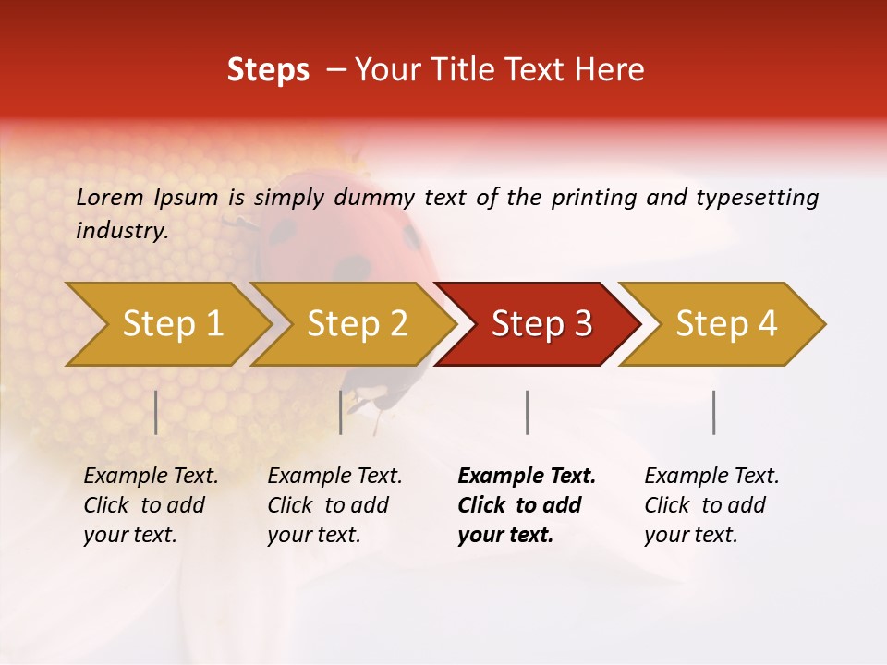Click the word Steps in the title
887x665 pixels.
(268, 70)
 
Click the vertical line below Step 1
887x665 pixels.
(156, 412)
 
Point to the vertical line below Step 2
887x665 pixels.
(341, 412)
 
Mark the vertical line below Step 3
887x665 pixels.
(527, 412)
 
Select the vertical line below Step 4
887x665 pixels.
(713, 412)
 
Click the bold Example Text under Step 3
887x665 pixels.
(527, 477)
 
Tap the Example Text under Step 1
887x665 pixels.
(151, 477)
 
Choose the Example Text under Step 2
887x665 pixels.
(334, 477)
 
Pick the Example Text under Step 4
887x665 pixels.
(711, 477)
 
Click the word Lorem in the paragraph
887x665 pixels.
(109, 198)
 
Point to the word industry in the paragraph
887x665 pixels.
(121, 231)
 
